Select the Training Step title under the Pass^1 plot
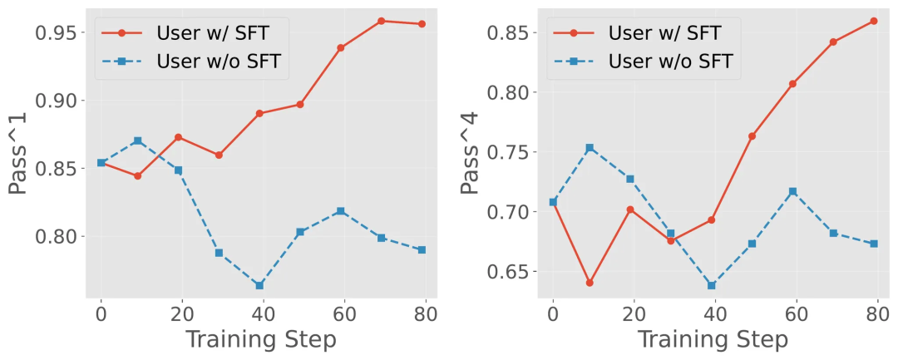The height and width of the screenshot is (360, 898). pos(260,339)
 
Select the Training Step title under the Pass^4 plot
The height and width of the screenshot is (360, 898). pos(713,339)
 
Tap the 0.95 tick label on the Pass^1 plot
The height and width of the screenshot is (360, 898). pos(57,32)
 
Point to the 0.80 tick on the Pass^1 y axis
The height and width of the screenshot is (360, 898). pos(57,236)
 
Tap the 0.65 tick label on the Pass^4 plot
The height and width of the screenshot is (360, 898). pos(509,272)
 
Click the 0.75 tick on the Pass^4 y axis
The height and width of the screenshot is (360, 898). pos(509,152)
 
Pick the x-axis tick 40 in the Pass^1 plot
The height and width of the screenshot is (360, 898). pos(261,315)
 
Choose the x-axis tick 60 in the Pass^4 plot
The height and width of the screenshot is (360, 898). pos(794,315)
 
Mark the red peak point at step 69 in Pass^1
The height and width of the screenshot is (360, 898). pos(381,21)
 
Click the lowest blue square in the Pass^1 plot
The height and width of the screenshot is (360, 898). pos(260,285)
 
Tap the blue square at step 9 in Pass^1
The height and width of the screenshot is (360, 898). pos(138,141)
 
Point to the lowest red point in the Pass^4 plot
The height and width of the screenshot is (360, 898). pos(590,283)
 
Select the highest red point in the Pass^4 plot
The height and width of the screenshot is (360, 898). pos(873,21)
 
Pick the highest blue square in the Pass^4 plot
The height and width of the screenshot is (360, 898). pos(590,148)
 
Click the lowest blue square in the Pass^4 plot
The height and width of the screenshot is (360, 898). pos(712,285)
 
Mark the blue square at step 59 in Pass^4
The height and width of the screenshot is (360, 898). pos(792,191)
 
